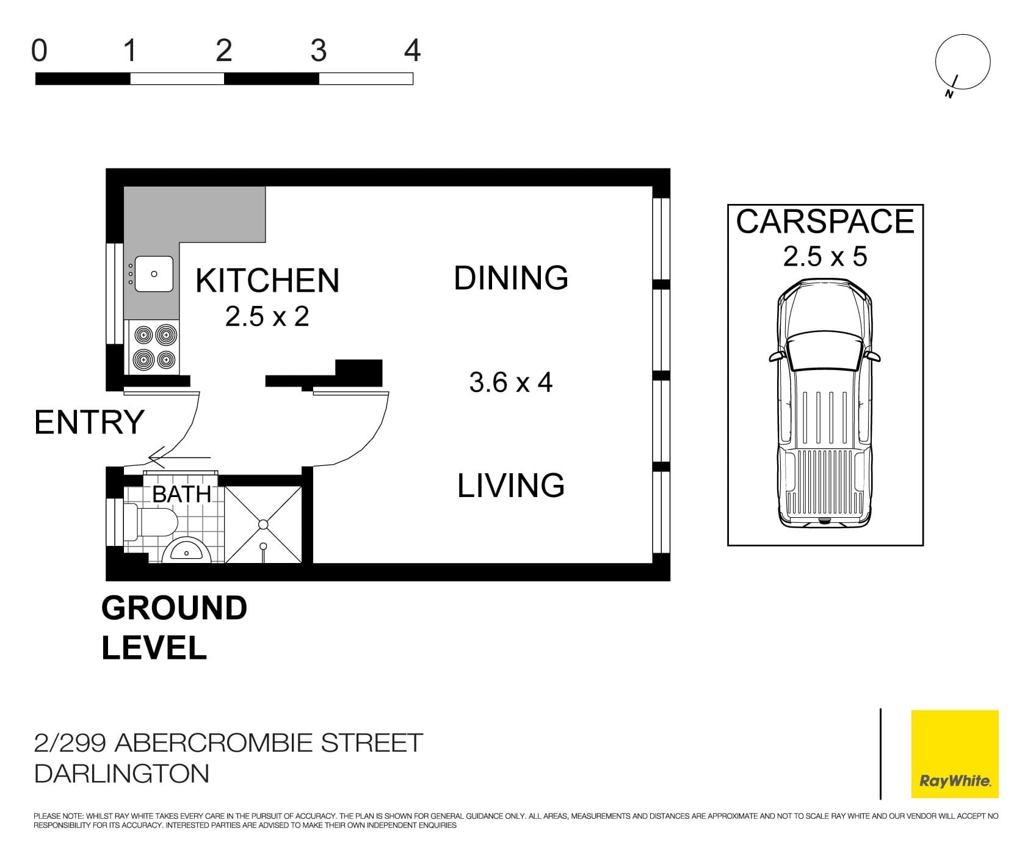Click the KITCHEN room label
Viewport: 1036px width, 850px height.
pos(267,280)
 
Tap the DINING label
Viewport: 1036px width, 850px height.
pos(511,278)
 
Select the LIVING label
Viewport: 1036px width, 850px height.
pos(511,485)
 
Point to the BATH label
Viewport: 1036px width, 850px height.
pos(181,494)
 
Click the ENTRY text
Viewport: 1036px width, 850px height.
pos(89,423)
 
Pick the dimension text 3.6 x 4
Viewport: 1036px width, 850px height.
pos(510,383)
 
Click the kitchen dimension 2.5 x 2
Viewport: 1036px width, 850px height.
pos(267,317)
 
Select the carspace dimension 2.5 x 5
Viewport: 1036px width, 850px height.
pos(825,256)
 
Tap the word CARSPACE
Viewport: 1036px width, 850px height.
pos(825,222)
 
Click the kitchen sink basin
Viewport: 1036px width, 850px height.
pos(154,274)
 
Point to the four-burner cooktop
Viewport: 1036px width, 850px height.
pos(154,347)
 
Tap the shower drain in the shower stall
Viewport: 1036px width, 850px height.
pos(263,525)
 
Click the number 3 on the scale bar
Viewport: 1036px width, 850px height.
pos(318,51)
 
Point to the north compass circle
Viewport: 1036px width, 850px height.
pos(962,62)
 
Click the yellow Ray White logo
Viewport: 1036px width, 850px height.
pos(954,754)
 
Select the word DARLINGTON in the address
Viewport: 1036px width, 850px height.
pos(122,774)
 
